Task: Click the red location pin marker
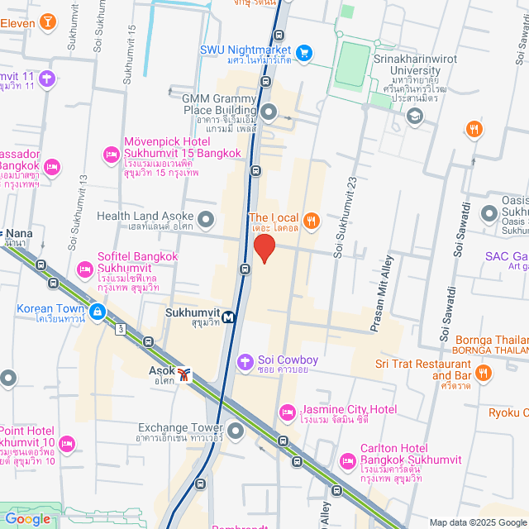[x=264, y=248]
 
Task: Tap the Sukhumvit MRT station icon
[x=226, y=315]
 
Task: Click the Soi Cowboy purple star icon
[x=245, y=361]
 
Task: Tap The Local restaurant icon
[x=311, y=220]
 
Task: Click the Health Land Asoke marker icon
[x=206, y=219]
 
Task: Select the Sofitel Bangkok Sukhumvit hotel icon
[x=84, y=269]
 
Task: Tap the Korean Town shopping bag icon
[x=98, y=312]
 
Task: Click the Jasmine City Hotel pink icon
[x=288, y=411]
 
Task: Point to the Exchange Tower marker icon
[x=236, y=431]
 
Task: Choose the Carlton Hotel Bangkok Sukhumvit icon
[x=347, y=459]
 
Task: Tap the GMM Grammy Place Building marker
[x=269, y=112]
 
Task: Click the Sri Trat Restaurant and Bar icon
[x=484, y=375]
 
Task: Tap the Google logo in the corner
[x=27, y=519]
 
